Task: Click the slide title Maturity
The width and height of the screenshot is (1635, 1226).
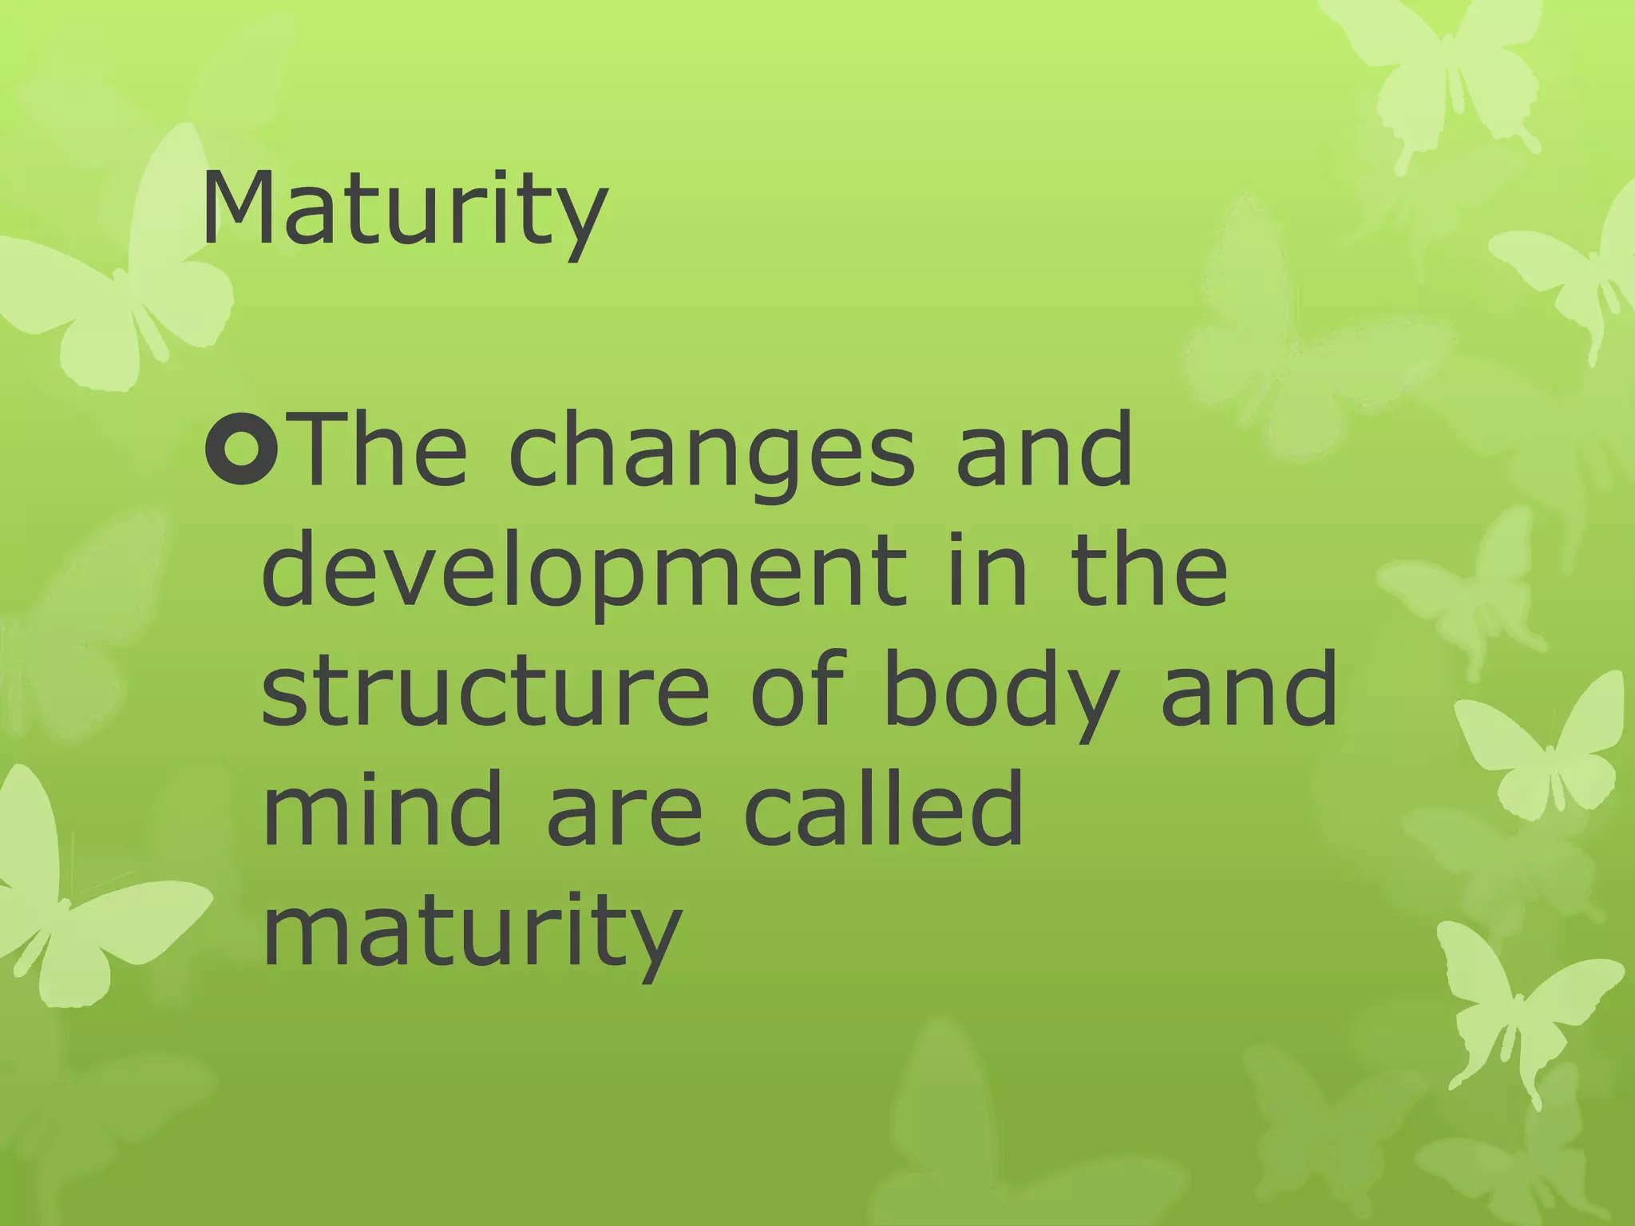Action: coord(404,209)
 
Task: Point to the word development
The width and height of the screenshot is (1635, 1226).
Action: coord(584,571)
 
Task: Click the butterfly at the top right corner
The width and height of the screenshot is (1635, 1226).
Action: coord(1437,72)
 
